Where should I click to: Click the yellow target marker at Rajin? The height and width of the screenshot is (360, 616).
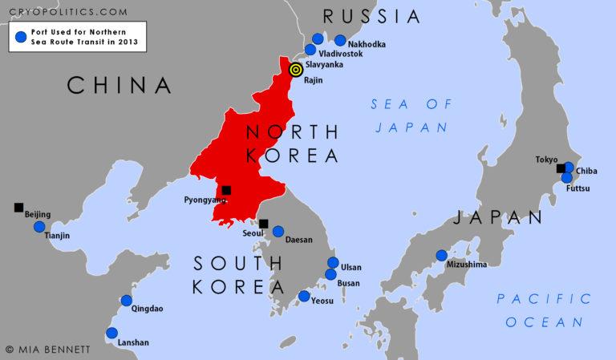[x=295, y=70]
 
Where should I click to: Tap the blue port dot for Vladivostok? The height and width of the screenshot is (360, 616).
[x=310, y=50]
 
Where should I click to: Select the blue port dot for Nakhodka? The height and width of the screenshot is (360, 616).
[x=340, y=40]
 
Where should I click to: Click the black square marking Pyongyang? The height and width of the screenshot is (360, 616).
[x=226, y=190]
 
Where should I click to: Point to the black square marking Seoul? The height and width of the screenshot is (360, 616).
[x=263, y=224]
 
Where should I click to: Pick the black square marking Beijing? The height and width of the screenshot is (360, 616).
[x=18, y=208]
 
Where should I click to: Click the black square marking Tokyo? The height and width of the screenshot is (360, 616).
[x=561, y=168]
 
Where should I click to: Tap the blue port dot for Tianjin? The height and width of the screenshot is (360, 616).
[x=39, y=227]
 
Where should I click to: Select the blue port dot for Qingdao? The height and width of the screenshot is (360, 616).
[x=126, y=301]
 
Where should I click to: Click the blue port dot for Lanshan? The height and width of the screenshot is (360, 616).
[x=111, y=333]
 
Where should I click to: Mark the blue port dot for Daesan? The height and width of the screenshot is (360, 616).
[x=278, y=231]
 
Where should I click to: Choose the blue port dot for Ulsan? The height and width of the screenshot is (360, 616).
[x=333, y=262]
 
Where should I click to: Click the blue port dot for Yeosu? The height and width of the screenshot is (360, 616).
[x=303, y=296]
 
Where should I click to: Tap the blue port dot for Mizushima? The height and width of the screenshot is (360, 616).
[x=441, y=256]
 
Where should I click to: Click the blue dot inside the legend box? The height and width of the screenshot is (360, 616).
[x=20, y=37]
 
